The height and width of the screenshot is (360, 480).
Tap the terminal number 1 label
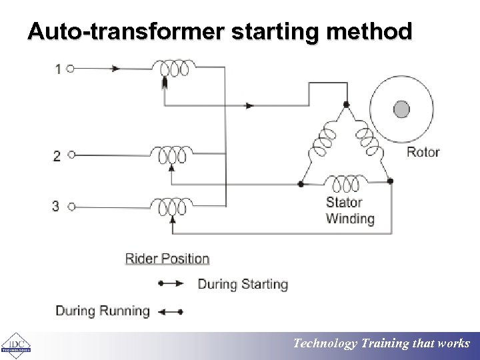[59, 68]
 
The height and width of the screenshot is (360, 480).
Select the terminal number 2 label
[57, 156]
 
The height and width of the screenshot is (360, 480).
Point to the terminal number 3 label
[56, 207]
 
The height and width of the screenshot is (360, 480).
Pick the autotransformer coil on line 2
[172, 156]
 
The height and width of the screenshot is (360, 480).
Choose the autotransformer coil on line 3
[172, 207]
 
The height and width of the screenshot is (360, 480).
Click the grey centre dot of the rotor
[401, 109]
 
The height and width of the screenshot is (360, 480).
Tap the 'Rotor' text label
[423, 152]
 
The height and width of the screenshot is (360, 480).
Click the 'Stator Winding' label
[350, 211]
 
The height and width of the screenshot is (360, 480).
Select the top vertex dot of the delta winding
[345, 105]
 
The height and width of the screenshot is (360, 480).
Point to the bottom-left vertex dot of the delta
[301, 183]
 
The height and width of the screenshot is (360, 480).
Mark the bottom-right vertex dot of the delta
[390, 181]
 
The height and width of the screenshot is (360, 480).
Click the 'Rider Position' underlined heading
[167, 259]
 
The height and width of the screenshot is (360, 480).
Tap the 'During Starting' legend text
[243, 285]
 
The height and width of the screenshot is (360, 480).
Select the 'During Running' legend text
[102, 311]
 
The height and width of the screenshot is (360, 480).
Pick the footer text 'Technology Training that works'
[382, 344]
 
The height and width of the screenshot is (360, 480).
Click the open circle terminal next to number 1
[71, 68]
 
